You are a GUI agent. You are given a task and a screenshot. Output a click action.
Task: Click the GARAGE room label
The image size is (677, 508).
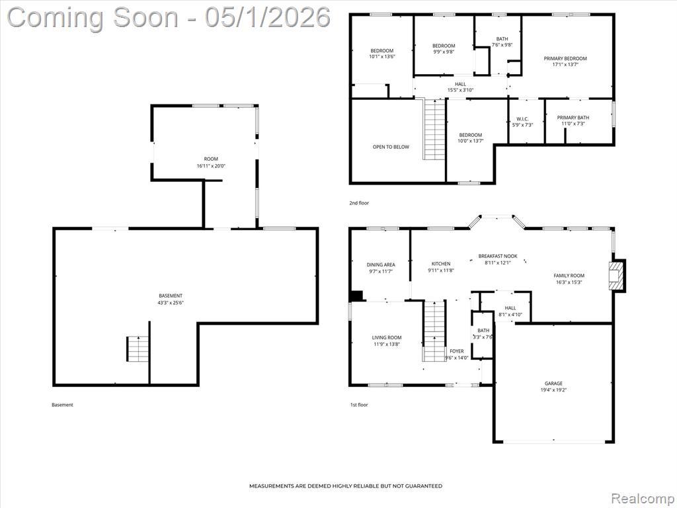pyautogui.click(x=553, y=383)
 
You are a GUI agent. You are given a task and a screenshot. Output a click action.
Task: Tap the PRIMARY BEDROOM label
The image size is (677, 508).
pyautogui.click(x=565, y=58)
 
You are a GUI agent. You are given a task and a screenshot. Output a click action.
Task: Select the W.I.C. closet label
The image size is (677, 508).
pyautogui.click(x=522, y=119)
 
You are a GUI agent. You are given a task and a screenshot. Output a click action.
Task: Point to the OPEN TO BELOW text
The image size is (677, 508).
pyautogui.click(x=391, y=147)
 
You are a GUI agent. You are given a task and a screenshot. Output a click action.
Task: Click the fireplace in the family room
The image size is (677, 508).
pyautogui.click(x=617, y=275)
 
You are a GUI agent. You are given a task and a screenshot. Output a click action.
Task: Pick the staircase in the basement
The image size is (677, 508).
pyautogui.click(x=138, y=349)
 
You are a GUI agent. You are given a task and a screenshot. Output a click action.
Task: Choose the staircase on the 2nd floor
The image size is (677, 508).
pyautogui.click(x=434, y=129)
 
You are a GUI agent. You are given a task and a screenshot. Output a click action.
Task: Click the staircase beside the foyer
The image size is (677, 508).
pyautogui.click(x=434, y=331)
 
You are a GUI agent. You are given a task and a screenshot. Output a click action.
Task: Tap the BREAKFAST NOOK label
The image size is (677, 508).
pyautogui.click(x=498, y=256)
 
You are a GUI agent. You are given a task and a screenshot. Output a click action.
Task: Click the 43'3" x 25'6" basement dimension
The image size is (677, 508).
pyautogui.click(x=171, y=303)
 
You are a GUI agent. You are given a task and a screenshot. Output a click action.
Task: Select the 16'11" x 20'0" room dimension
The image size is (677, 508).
pyautogui.click(x=211, y=165)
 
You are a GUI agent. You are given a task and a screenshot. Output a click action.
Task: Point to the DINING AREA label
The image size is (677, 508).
pyautogui.click(x=381, y=265)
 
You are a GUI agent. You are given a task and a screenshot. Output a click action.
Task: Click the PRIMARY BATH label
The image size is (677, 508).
pyautogui.click(x=573, y=118)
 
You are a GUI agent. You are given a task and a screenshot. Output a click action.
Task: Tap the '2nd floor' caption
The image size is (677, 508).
pyautogui.click(x=359, y=202)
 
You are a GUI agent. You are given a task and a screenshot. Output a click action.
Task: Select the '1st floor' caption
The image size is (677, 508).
pyautogui.click(x=359, y=405)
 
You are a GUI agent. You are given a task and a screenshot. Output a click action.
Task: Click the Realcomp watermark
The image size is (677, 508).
pyautogui.click(x=642, y=498)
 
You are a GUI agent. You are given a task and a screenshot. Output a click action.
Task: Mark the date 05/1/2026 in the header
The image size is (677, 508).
pyautogui.click(x=268, y=18)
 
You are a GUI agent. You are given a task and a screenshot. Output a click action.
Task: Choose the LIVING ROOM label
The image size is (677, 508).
pyautogui.click(x=387, y=338)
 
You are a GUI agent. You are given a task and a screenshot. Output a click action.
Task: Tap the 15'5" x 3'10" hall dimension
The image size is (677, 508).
pyautogui.click(x=460, y=90)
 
